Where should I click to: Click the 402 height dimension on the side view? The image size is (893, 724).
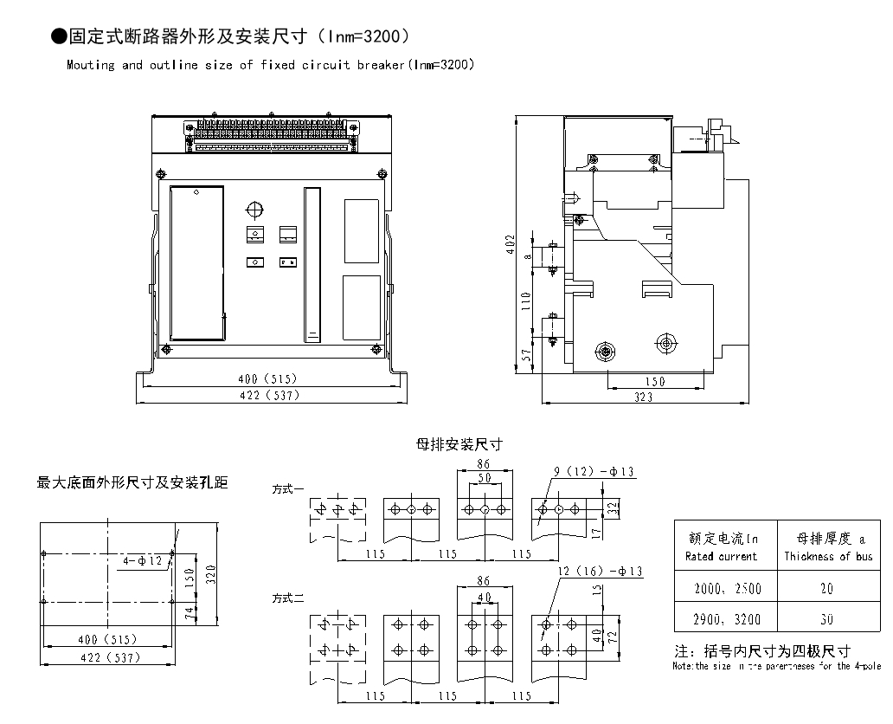[x=511, y=246]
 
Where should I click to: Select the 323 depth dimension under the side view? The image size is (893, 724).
[x=643, y=398]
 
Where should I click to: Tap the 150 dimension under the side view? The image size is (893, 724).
[x=655, y=382]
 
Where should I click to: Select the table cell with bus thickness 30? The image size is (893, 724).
[x=827, y=618]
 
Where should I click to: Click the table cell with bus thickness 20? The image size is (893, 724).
[x=827, y=589]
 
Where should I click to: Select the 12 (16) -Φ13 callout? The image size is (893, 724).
[x=597, y=572]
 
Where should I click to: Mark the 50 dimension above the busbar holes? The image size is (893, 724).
[x=485, y=478]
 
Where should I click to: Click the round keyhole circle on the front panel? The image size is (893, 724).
[x=254, y=210]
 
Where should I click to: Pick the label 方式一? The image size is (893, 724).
[x=288, y=489]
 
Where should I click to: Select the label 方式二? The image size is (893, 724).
[x=288, y=598]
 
